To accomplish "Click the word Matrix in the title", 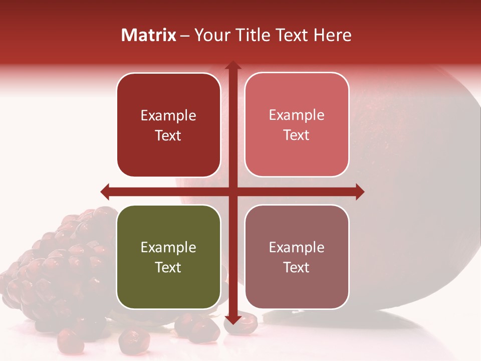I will pos(149,35).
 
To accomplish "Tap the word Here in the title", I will pos(332,35).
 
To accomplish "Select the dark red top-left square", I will pos(168,125).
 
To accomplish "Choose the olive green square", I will pos(168,257).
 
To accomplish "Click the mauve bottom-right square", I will pos(297,256).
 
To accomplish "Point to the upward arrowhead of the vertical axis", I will pos(232,65).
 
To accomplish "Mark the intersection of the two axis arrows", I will pos(232,191).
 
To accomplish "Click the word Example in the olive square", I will pos(168,247).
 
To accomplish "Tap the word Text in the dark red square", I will pos(168,135).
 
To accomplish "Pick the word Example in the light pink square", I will pos(297,115).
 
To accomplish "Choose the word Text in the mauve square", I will pos(297,267).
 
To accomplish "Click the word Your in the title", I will pos(210,35).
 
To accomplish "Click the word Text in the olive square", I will pos(168,267).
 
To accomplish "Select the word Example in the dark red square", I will pos(168,115).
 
